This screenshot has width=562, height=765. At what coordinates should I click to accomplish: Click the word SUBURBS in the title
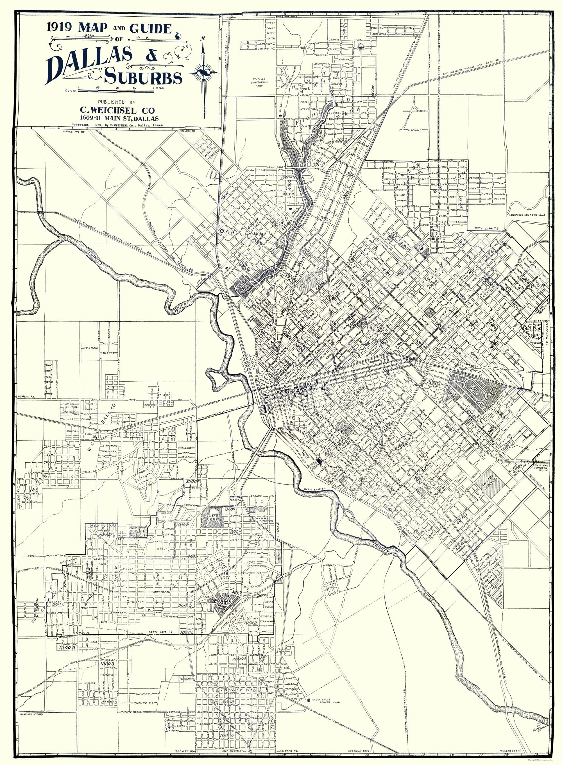143,78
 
